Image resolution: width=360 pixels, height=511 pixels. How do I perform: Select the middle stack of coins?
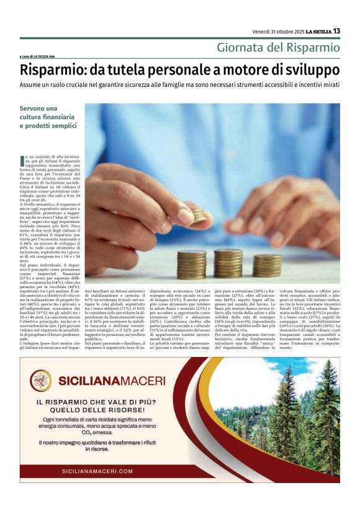(x=228, y=263)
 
